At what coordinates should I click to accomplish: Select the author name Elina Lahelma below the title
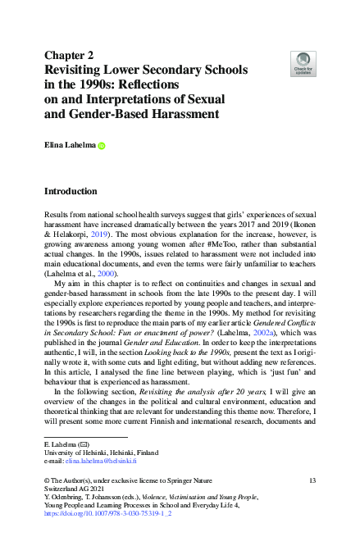[x=69, y=146]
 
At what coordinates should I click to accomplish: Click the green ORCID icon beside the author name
[x=102, y=147]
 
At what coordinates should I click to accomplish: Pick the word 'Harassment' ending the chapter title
[x=191, y=113]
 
